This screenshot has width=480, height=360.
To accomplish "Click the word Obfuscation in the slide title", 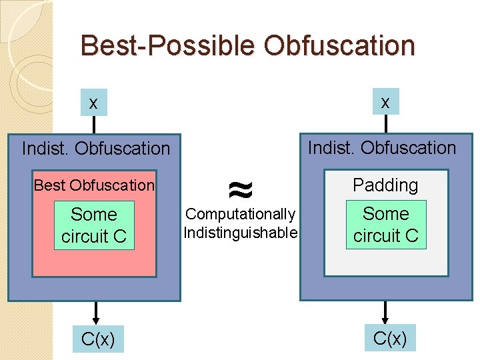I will (x=339, y=45).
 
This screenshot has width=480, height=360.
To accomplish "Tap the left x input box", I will (x=94, y=103).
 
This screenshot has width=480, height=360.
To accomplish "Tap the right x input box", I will (x=385, y=101).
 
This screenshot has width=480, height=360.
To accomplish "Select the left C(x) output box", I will (x=98, y=339).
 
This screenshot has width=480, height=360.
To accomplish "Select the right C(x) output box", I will (x=390, y=338).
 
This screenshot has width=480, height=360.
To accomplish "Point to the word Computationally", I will (x=240, y=214).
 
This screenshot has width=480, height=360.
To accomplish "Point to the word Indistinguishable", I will (x=240, y=233).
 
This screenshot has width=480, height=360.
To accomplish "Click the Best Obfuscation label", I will (x=94, y=185).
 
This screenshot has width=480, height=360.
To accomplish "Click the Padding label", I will (x=385, y=185).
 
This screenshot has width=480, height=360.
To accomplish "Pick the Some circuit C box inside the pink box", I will (x=94, y=225).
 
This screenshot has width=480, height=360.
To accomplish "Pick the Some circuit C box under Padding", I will (x=386, y=225).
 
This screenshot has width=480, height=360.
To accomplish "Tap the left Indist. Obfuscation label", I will (x=96, y=148).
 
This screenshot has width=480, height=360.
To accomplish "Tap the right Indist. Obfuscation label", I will (x=381, y=147).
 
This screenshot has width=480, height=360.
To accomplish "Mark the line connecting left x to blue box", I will (x=94, y=125).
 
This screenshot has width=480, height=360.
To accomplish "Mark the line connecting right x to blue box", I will (x=385, y=124).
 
